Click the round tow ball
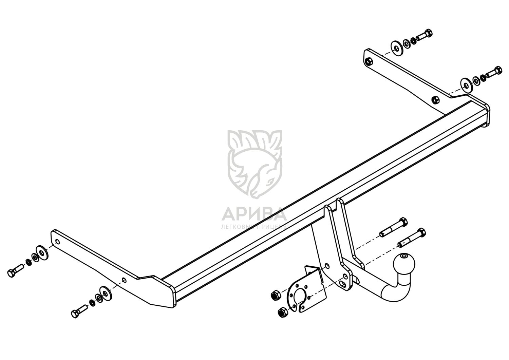(405, 264)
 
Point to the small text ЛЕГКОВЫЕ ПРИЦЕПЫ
(254, 226)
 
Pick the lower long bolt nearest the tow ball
(412, 238)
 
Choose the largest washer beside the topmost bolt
(396, 48)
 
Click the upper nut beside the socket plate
(275, 296)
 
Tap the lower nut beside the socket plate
(282, 312)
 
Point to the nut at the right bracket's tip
(369, 61)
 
